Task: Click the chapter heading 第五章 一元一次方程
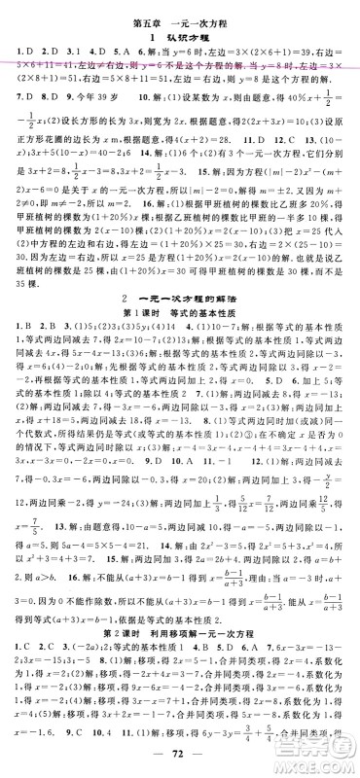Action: (x=180, y=12)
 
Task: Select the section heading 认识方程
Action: (x=180, y=31)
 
